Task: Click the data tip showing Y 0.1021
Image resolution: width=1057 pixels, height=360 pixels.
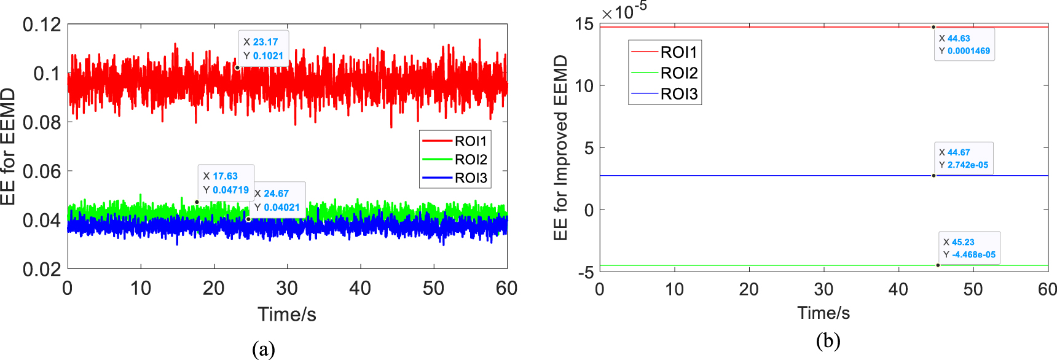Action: click(x=263, y=49)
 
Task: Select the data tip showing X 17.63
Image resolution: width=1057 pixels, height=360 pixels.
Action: click(x=226, y=182)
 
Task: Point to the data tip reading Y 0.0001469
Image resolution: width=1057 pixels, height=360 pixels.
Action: click(x=964, y=45)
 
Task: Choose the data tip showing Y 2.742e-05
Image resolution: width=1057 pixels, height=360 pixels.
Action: click(x=963, y=158)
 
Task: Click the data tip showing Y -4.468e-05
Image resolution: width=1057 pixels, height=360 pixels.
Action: click(x=969, y=248)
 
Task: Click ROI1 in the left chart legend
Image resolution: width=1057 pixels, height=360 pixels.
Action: click(x=470, y=141)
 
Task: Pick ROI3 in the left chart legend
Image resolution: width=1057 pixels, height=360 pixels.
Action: click(x=470, y=178)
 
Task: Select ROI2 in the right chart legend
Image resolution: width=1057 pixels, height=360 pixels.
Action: click(x=678, y=73)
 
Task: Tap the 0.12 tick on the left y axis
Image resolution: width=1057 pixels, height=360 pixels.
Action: click(x=42, y=25)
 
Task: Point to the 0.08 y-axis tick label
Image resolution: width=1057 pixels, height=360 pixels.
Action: click(x=42, y=122)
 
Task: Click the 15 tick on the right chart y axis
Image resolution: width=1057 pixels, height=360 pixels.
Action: click(x=584, y=25)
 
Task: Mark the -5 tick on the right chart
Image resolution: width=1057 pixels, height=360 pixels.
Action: click(x=586, y=272)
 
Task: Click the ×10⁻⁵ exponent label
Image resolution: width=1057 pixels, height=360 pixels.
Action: click(x=624, y=11)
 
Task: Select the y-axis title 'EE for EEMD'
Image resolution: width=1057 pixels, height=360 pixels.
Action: click(x=8, y=146)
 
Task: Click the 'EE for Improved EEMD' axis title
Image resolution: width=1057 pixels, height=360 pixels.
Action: click(x=560, y=147)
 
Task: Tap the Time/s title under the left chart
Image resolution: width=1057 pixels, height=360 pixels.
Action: click(x=287, y=315)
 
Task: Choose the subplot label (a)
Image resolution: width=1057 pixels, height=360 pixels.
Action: click(x=263, y=349)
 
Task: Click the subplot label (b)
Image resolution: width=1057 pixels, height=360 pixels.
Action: click(x=827, y=340)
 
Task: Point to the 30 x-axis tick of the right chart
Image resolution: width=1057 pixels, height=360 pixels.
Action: click(x=823, y=289)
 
